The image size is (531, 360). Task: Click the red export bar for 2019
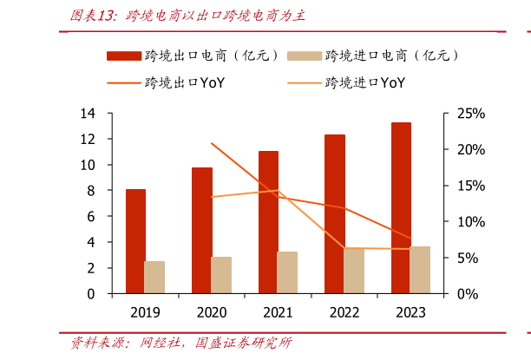[x=135, y=241]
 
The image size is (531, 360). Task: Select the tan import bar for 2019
[x=154, y=278]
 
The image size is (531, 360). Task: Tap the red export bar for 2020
[x=202, y=230]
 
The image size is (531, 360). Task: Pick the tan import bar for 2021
[x=287, y=272]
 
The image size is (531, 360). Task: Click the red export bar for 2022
[x=335, y=213]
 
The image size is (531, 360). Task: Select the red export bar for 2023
[x=401, y=207]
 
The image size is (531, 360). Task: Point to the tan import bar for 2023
[x=420, y=270]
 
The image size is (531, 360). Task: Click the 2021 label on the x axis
[x=278, y=311]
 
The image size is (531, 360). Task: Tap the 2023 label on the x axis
[x=410, y=311]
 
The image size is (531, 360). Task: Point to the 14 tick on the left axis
[x=88, y=114]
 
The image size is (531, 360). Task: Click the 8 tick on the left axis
[x=91, y=191]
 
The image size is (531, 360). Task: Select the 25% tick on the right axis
[x=469, y=114]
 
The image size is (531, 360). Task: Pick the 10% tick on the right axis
[x=469, y=222]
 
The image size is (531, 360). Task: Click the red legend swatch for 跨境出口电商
[x=124, y=56]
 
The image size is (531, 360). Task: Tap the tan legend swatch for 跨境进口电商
[x=305, y=56]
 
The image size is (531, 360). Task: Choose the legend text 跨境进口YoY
[x=364, y=83]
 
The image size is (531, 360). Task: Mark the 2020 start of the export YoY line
[x=212, y=143]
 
